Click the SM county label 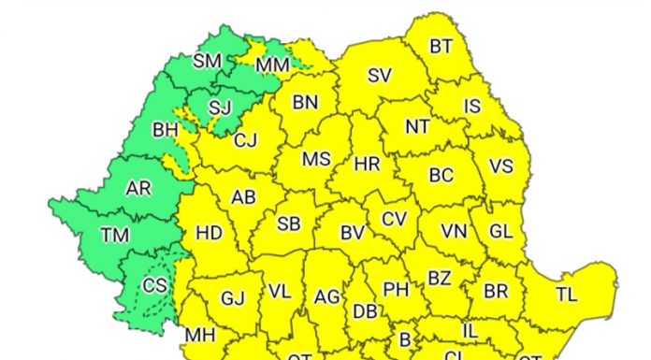(207, 62)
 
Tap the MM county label (272, 65)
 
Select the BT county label (441, 46)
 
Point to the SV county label (379, 76)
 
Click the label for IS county (472, 107)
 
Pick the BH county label (165, 129)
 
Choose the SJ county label (219, 108)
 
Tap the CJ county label (245, 141)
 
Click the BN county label (305, 104)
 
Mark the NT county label (417, 126)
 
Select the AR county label (138, 188)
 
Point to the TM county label (116, 236)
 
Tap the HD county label (209, 233)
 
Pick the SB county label (289, 223)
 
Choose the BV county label (352, 233)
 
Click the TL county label (566, 295)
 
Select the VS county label (501, 166)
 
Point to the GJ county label (232, 298)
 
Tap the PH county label (397, 290)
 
